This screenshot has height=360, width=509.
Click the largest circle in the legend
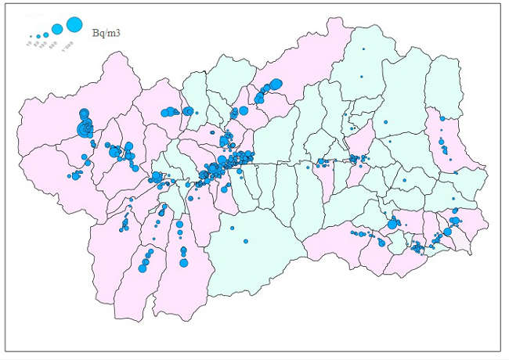click(74, 25)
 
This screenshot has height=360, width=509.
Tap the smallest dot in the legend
click(31, 37)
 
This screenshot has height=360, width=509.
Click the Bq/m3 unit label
click(106, 33)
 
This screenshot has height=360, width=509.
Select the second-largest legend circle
click(57, 30)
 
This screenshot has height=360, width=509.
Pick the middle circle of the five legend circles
click(46, 34)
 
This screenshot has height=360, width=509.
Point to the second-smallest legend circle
click(38, 36)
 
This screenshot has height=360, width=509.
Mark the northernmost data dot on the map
click(363, 49)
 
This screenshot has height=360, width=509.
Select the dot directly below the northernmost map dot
click(361, 77)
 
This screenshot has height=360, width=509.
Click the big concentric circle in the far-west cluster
click(85, 128)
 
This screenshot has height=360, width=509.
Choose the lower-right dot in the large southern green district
click(245, 241)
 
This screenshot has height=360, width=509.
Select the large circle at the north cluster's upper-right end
click(276, 82)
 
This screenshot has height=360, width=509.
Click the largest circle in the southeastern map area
click(392, 225)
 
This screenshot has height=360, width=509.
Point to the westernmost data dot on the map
click(70, 176)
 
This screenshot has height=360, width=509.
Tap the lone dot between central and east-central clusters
click(307, 166)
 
